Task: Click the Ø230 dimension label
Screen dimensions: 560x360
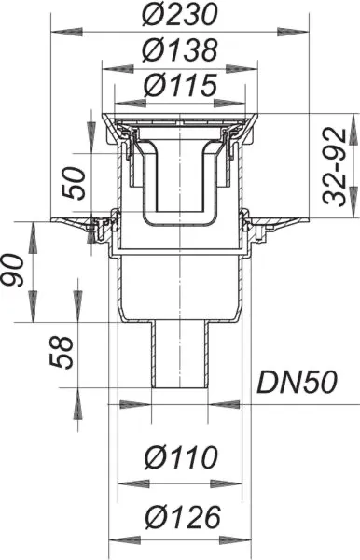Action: (179, 15)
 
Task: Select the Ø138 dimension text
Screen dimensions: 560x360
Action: (179, 49)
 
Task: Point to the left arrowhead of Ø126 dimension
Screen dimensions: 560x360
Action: (118, 539)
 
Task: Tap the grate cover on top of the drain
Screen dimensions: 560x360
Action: (179, 120)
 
